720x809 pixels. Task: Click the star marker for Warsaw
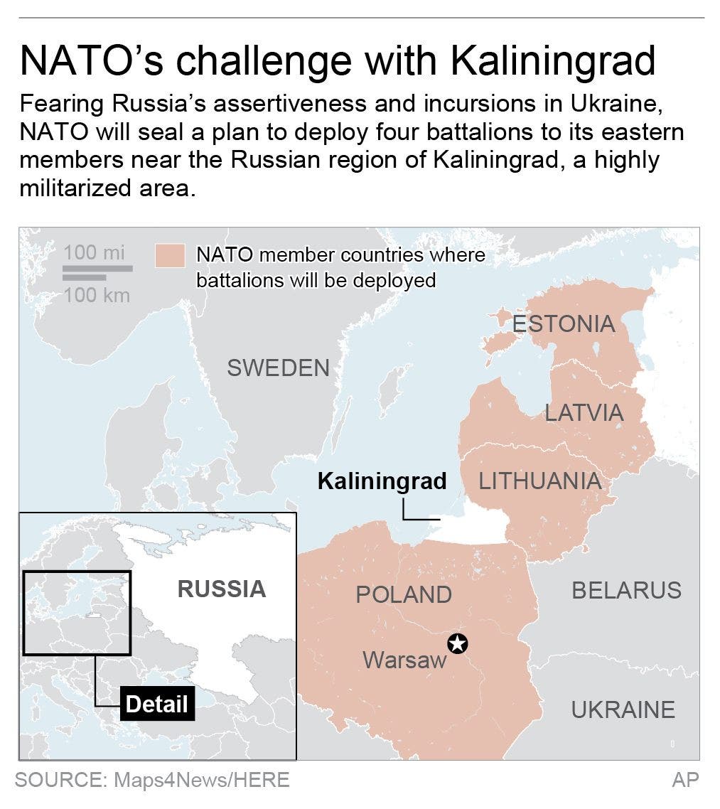(x=458, y=644)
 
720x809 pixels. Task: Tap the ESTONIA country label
(x=564, y=324)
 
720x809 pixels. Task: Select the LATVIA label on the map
(x=584, y=412)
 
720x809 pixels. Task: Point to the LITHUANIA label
(x=539, y=481)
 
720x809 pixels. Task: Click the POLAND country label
(x=404, y=594)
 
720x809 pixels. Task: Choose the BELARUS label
(x=626, y=590)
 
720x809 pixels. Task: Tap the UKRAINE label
(x=623, y=709)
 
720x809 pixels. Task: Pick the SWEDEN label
(x=278, y=368)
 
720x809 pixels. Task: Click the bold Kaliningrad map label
(x=382, y=481)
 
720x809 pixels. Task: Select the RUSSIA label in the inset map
(x=222, y=589)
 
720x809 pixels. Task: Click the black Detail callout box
(x=156, y=704)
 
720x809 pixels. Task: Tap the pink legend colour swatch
(x=170, y=255)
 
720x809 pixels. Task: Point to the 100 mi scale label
(x=94, y=252)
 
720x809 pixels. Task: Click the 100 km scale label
(x=97, y=294)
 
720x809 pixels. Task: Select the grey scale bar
(x=97, y=269)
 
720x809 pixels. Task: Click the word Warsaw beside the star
(x=404, y=660)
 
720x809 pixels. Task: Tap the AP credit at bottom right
(x=685, y=780)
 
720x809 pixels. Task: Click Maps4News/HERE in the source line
(x=201, y=780)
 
